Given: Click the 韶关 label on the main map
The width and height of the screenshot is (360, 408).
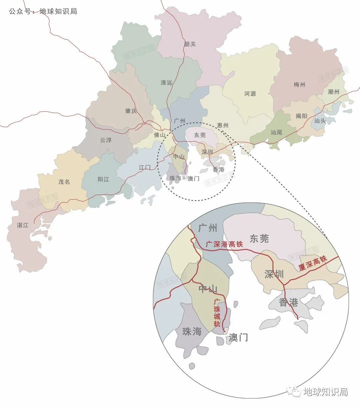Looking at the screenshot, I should pyautogui.click(x=190, y=44).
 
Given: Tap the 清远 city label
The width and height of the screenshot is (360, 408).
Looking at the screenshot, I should pyautogui.click(x=166, y=82).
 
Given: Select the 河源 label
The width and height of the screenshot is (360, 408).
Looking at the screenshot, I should pyautogui.click(x=250, y=94).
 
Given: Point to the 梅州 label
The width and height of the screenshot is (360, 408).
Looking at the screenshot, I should pyautogui.click(x=299, y=85).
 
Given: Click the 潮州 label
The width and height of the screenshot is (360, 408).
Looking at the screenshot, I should pyautogui.click(x=333, y=92).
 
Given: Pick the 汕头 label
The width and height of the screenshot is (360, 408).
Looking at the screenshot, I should pyautogui.click(x=320, y=121).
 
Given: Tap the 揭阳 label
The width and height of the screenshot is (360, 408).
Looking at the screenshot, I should pyautogui.click(x=301, y=116).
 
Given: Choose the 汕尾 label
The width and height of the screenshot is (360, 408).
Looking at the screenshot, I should pyautogui.click(x=276, y=132).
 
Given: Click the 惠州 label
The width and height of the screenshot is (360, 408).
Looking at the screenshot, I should pyautogui.click(x=223, y=125).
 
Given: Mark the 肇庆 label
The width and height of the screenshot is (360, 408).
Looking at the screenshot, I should pyautogui.click(x=131, y=111).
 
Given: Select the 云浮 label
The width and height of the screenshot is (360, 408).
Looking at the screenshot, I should pyautogui.click(x=106, y=140).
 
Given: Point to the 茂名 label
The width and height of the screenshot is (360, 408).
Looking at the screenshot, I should pyautogui.click(x=64, y=182).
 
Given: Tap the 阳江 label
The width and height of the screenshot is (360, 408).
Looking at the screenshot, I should pyautogui.click(x=103, y=179).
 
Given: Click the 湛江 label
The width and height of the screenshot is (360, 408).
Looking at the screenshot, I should pyautogui.click(x=23, y=225).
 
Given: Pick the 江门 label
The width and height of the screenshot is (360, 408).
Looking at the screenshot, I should pyautogui.click(x=145, y=167).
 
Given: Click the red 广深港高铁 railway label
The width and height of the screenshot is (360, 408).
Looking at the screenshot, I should pyautogui.click(x=224, y=244).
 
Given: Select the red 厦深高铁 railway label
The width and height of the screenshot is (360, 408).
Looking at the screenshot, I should pyautogui.click(x=313, y=263).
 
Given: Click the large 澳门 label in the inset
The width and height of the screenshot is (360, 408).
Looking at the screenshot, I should pyautogui.click(x=238, y=338).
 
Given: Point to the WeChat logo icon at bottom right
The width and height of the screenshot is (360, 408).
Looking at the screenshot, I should pyautogui.click(x=294, y=392).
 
